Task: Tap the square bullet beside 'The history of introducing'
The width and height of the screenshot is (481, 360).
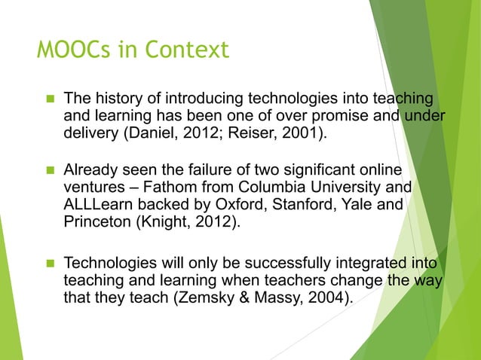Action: [x=48, y=99]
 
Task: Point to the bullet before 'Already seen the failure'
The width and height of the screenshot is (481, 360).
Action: [x=48, y=170]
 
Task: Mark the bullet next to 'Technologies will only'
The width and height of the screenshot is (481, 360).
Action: [x=48, y=265]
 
